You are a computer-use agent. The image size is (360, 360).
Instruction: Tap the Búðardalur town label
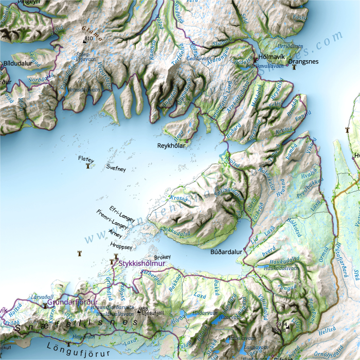click(226, 253)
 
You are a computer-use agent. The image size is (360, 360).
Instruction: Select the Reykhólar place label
click(172, 146)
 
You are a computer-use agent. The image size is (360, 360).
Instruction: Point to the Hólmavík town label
click(272, 57)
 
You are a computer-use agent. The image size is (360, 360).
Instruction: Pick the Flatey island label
click(86, 159)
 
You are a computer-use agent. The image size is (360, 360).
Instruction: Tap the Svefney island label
click(116, 168)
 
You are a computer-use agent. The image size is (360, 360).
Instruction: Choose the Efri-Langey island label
click(122, 211)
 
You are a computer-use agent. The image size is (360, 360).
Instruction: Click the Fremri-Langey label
click(112, 222)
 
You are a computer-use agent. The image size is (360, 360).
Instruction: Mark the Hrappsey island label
click(121, 246)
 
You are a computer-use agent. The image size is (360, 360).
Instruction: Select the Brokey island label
click(162, 257)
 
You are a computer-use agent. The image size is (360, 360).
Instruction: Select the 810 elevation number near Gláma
click(88, 39)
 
